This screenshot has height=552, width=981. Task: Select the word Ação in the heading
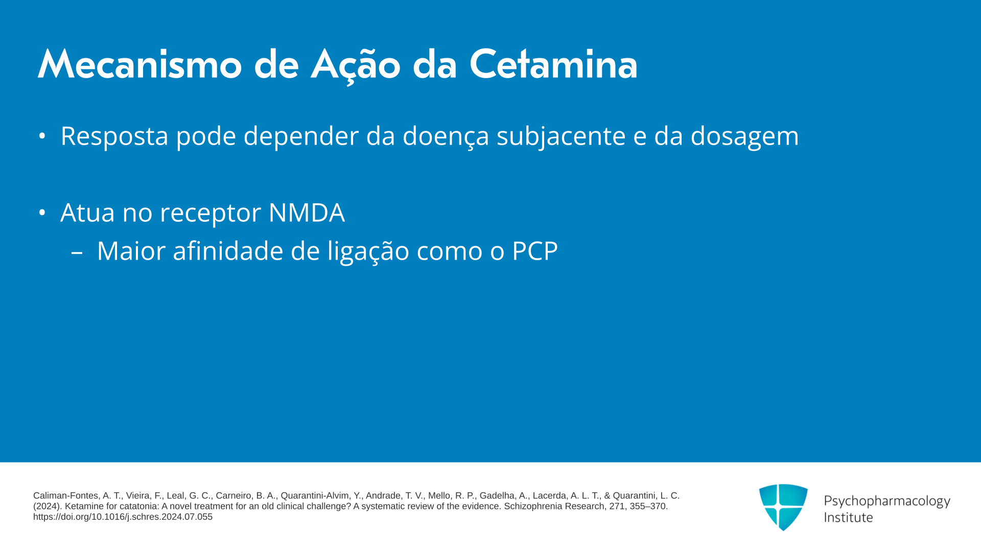pos(356,65)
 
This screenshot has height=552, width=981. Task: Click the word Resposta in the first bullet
pos(114,136)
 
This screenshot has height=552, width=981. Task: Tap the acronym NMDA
pos(307,213)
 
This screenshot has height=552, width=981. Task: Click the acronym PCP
pos(535,251)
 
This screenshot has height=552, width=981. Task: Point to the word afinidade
pos(228,251)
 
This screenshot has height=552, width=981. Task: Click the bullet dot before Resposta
pos(42,136)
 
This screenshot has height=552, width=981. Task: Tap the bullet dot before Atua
pos(42,212)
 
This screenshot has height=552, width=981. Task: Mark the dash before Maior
pos(77,252)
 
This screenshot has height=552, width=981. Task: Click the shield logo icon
pos(783,507)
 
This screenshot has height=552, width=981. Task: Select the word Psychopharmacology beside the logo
pos(887,501)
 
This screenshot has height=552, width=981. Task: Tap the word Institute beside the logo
pos(848,517)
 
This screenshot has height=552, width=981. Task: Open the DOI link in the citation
pos(123,517)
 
